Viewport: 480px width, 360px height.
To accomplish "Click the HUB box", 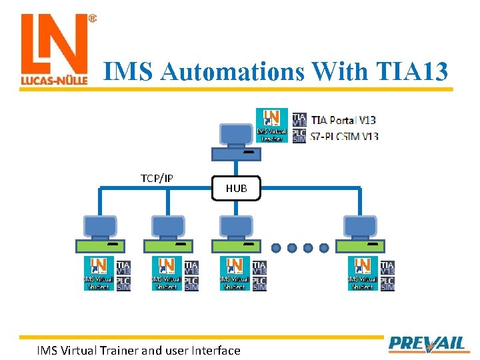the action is click(236, 188).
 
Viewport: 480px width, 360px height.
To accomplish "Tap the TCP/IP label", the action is click(157, 178).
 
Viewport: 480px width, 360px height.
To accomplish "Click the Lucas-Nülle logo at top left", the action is click(55, 51).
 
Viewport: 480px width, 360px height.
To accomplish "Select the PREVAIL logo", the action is click(427, 343).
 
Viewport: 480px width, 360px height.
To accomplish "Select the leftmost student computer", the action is click(99, 233).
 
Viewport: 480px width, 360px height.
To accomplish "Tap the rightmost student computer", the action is click(359, 233).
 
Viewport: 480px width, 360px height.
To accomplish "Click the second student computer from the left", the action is click(167, 233).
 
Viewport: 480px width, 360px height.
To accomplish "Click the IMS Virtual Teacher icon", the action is click(272, 125).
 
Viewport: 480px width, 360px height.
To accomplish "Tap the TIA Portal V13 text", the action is click(344, 120).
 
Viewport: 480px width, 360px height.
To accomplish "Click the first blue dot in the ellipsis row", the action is click(276, 248).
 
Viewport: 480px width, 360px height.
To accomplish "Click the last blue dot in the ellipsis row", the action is click(324, 248).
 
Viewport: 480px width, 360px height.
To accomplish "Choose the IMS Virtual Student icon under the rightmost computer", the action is click(362, 274).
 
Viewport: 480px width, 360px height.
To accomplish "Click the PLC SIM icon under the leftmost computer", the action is click(123, 283).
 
